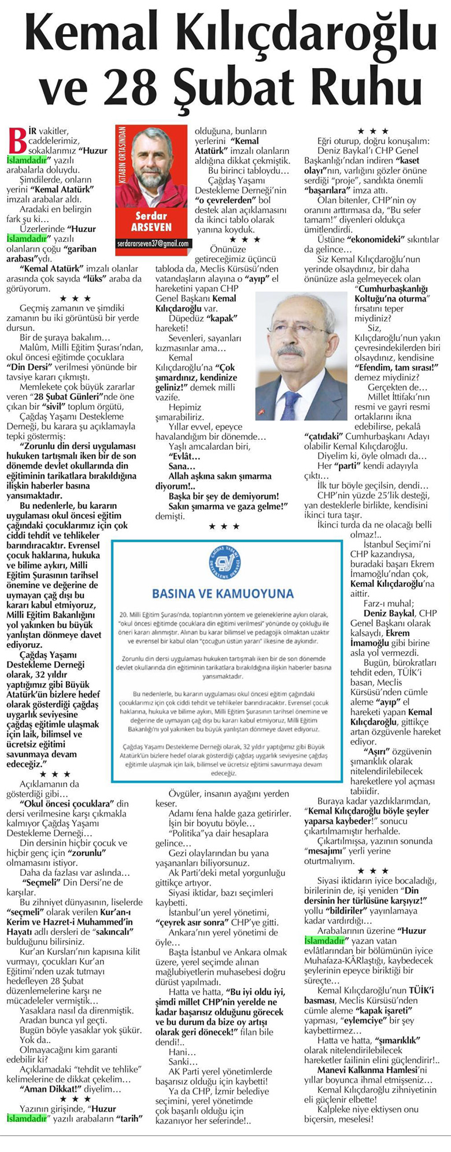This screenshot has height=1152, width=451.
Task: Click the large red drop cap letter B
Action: click(x=15, y=139)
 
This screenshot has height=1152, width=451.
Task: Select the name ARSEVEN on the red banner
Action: click(x=151, y=227)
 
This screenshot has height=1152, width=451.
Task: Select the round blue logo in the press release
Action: click(x=225, y=563)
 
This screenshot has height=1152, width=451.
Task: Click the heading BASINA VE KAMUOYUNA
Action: click(x=223, y=593)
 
